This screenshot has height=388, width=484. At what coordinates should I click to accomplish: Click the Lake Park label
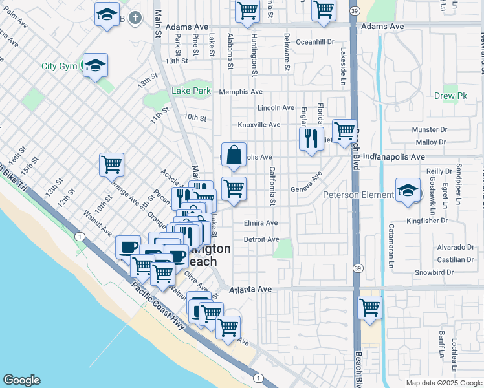click(x=191, y=91)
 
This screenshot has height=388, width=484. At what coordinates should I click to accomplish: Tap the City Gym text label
click(x=60, y=66)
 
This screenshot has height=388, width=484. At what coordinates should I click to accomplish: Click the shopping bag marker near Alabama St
click(x=234, y=155)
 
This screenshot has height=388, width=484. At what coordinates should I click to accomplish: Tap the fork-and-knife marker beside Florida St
click(x=311, y=138)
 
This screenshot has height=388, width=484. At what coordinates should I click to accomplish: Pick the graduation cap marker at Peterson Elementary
click(x=407, y=191)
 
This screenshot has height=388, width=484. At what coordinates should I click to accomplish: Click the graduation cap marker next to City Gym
click(x=95, y=65)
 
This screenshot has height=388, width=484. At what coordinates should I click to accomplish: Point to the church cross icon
click(x=135, y=17)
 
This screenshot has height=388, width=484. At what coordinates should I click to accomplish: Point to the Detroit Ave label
click(x=261, y=239)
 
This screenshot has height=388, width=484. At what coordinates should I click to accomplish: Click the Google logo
click(x=22, y=380)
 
